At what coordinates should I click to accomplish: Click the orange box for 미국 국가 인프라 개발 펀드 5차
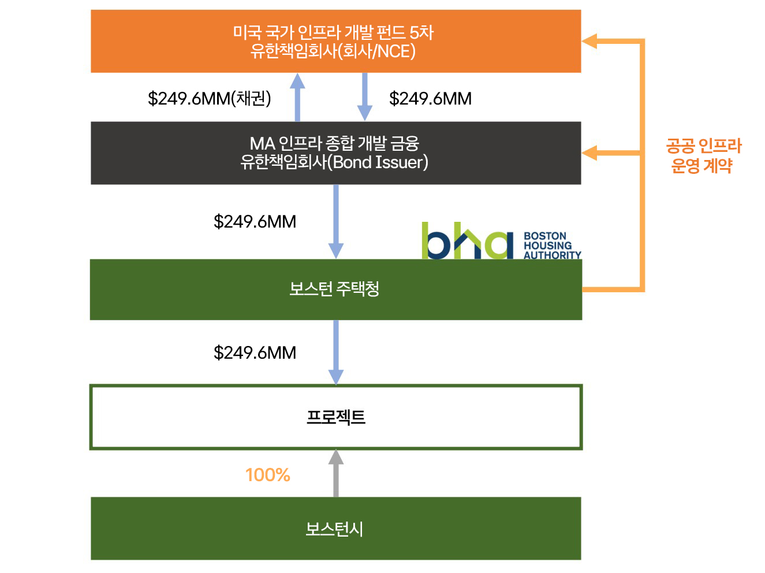[x=335, y=41]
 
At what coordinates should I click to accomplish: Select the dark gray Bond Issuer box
[x=335, y=153]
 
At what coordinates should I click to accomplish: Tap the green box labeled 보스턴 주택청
[x=335, y=289]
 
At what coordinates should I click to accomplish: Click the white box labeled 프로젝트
[x=335, y=416]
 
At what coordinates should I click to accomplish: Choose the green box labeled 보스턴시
[x=335, y=529]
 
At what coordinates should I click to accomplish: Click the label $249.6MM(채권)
[x=209, y=99]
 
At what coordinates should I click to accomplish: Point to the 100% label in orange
[x=267, y=475]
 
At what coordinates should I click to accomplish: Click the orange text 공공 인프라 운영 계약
[x=703, y=156]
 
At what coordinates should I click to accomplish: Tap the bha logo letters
[x=467, y=241]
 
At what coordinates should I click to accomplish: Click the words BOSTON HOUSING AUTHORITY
[x=551, y=245]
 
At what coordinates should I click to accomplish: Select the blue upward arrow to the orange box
[x=297, y=97]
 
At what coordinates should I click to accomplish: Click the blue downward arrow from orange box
[x=364, y=97]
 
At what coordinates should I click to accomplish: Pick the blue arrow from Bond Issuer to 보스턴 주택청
[x=335, y=222]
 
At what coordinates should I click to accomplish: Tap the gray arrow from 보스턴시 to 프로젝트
[x=335, y=474]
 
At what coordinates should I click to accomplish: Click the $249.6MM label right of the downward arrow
[x=430, y=99]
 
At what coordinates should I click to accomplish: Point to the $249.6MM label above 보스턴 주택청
[x=255, y=222]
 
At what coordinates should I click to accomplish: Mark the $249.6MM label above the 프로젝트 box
[x=255, y=352]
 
